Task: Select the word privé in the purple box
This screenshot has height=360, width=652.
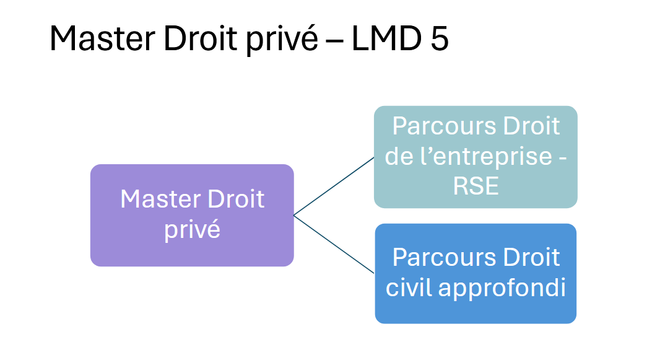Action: coord(192,230)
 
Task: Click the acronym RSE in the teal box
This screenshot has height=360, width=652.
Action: coord(476,185)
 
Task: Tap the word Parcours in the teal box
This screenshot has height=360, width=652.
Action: coord(435,126)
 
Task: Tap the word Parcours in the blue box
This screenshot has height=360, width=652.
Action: coord(435,257)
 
